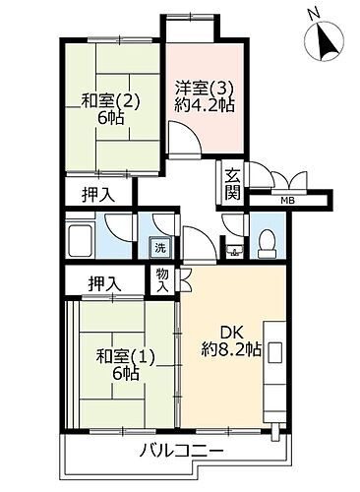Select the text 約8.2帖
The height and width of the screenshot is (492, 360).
(232, 351)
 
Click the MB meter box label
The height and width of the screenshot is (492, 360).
(286, 202)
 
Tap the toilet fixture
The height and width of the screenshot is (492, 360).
(266, 243)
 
